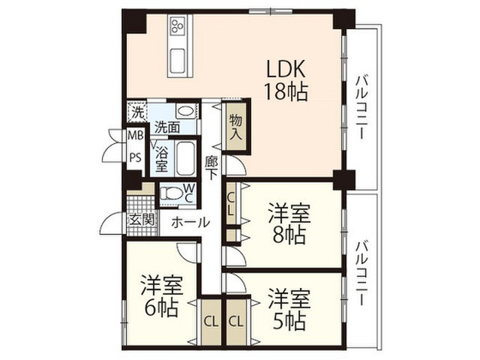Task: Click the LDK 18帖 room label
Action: point(286,80)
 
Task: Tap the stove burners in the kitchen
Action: point(178,25)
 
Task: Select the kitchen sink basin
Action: point(178,61)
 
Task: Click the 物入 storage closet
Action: point(236,127)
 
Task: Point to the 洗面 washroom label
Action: point(166,127)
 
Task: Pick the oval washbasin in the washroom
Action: point(186,111)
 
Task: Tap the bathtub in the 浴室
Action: point(185,158)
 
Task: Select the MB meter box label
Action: point(135,135)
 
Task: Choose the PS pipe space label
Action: point(135,157)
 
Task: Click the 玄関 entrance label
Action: point(141,220)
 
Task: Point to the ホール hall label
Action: point(190,223)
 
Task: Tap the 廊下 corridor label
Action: point(211,168)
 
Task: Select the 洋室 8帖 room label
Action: point(289,224)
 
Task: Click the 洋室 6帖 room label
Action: point(162,296)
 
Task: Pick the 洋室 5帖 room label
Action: point(289,309)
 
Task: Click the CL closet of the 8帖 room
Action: point(232,203)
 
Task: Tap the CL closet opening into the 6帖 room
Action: point(211,322)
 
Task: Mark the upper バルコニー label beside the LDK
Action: point(361,106)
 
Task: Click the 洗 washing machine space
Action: point(137,112)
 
